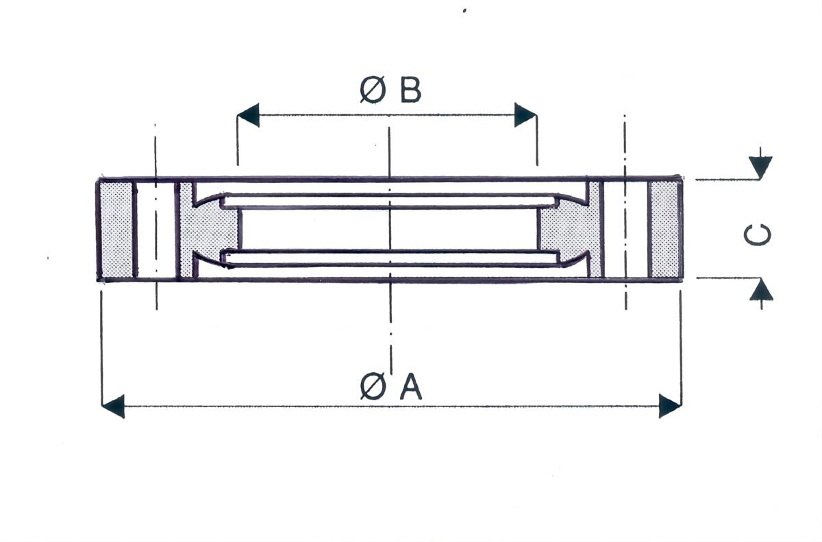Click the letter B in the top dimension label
(410, 89)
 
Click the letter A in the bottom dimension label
(410, 386)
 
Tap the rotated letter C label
(757, 234)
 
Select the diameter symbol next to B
(373, 89)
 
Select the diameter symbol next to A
(373, 386)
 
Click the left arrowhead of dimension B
(249, 115)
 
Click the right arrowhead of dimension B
(525, 115)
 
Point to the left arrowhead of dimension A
(113, 406)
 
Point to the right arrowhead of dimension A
(670, 406)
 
